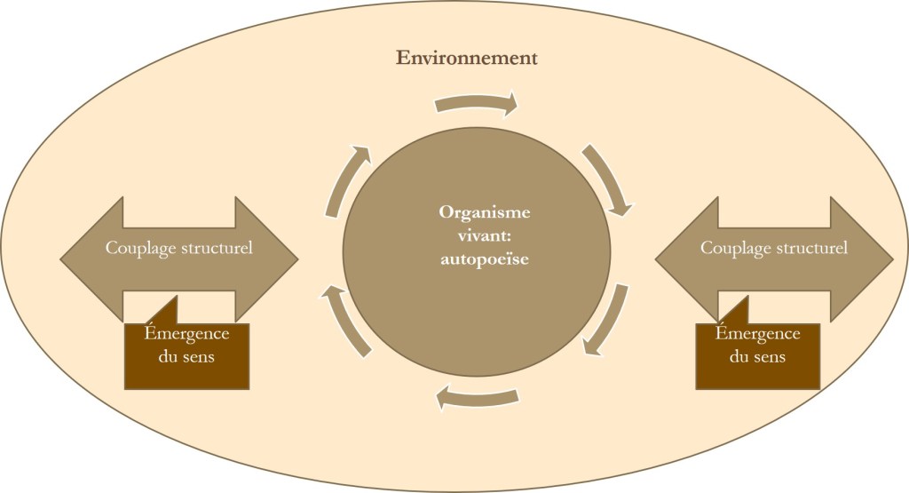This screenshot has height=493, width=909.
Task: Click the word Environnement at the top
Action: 467,60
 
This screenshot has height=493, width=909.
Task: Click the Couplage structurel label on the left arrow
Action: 179,248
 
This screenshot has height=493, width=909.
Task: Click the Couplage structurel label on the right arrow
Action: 774,248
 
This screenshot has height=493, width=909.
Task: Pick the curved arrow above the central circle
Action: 476,105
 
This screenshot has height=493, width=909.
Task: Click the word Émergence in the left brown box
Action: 186,334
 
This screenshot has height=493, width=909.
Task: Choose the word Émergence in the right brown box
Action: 758,334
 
